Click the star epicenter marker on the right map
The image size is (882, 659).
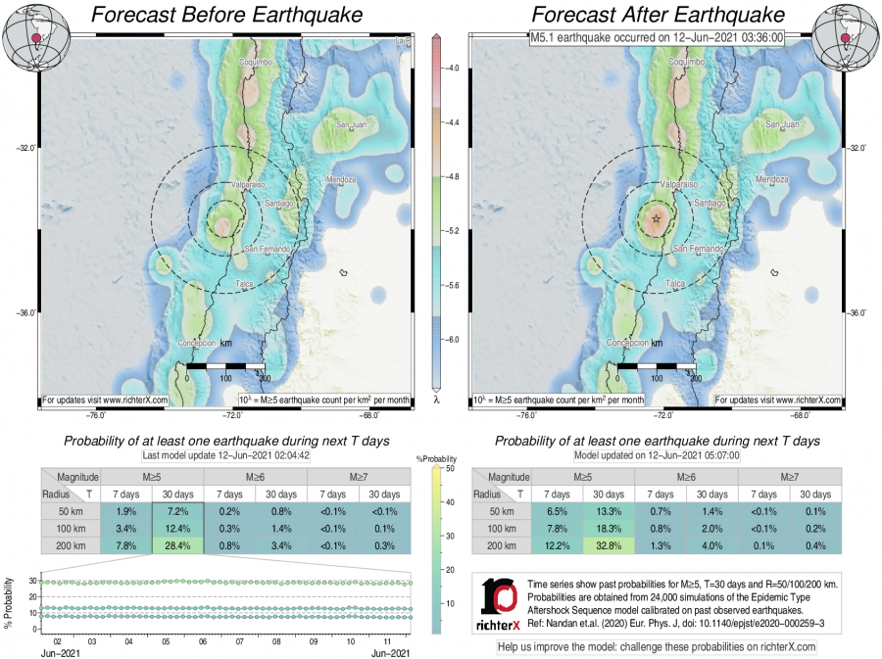click(656, 219)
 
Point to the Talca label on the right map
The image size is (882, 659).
click(674, 283)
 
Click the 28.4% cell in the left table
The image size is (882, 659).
click(177, 546)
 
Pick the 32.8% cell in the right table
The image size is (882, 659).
click(610, 546)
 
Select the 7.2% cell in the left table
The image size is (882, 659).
click(177, 511)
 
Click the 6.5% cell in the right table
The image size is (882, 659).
click(557, 511)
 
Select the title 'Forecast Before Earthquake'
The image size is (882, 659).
click(225, 15)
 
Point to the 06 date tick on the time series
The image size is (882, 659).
click(203, 641)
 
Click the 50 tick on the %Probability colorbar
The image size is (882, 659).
click(445, 469)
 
